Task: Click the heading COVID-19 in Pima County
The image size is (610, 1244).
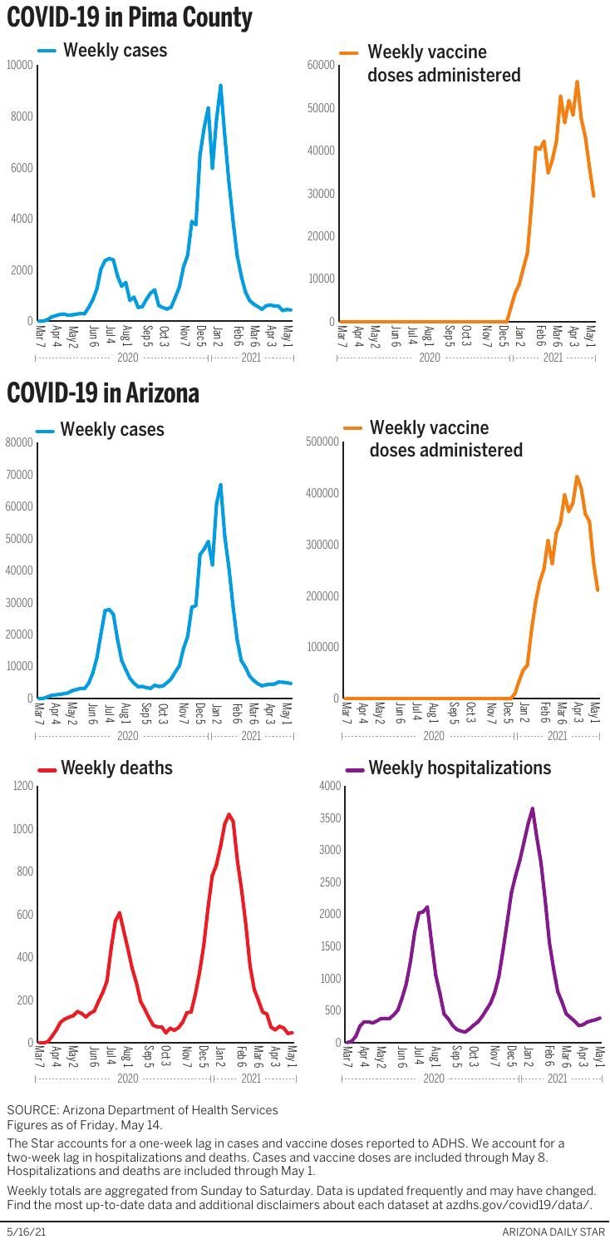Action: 130,17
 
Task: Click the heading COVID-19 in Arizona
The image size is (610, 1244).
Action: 103,392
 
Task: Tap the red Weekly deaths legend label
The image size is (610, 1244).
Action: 116,768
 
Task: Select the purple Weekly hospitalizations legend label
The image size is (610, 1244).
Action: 460,768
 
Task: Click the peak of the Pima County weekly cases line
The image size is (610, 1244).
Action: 220,86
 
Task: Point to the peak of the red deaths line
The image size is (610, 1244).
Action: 229,815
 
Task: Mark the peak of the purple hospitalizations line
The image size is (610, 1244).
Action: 532,808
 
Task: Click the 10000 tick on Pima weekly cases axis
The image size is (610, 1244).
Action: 20,65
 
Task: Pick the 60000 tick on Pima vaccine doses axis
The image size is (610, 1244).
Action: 320,65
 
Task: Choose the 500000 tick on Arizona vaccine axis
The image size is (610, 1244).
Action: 322,442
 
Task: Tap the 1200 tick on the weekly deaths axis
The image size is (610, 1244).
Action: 23,787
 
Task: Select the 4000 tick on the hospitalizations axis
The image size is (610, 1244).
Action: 330,786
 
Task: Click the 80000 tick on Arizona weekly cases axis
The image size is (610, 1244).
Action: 20,442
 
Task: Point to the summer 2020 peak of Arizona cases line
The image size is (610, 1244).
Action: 107,610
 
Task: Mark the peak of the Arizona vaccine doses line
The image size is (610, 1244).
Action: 577,477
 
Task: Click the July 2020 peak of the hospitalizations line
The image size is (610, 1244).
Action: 427,907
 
